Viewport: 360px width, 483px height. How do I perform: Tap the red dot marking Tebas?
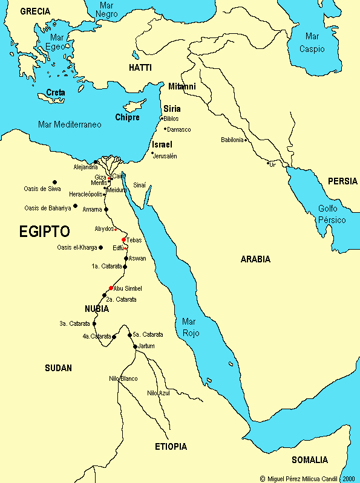123,239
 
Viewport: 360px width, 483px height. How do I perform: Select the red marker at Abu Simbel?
111,288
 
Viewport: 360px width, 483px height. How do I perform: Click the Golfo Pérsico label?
332,214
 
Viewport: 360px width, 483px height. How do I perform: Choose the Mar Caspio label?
312,43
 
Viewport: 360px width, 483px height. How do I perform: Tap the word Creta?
56,92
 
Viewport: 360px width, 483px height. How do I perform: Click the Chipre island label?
127,117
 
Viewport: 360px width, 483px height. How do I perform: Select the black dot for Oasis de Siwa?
54,182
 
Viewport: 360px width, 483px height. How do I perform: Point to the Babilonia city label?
232,140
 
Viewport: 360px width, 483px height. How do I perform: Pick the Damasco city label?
178,129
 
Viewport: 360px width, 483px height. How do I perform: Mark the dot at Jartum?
135,346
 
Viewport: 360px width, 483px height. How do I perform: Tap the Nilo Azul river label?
159,393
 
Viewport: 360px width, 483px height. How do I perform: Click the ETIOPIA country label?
171,447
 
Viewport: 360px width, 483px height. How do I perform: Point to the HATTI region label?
140,68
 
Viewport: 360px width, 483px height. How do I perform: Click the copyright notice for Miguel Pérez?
307,478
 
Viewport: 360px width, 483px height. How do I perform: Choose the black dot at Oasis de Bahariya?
75,206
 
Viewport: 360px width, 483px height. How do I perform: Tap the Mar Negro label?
107,9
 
